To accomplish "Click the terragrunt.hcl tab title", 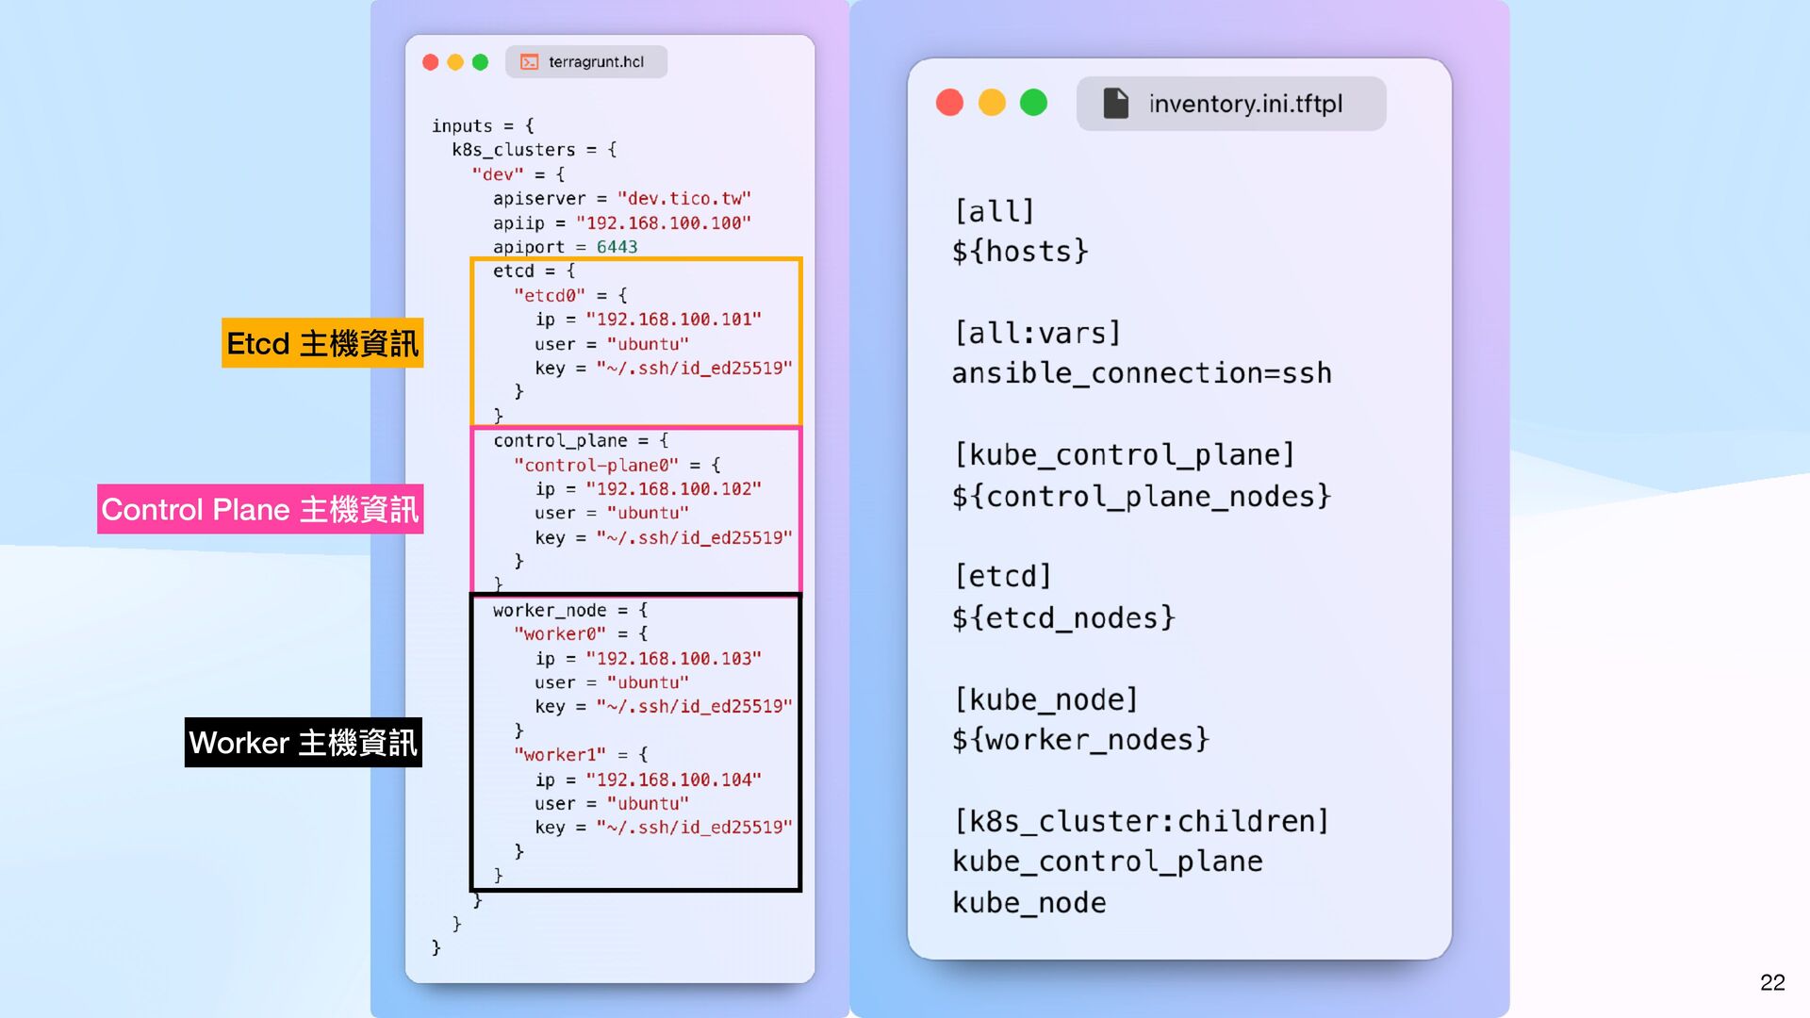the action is tap(596, 62).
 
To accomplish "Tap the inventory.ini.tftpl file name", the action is tap(1245, 104).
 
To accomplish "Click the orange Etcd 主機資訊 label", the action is tap(322, 343).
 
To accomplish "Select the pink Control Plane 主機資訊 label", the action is tap(260, 510).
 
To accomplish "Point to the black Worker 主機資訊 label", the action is tap(303, 743).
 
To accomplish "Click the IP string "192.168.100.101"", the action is tap(673, 320).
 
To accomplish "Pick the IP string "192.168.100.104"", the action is tap(673, 780).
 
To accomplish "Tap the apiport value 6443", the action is tap(617, 247).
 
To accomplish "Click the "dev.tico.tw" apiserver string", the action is tap(683, 199).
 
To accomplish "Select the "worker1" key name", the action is tap(559, 755).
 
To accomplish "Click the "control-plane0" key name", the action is tap(596, 466).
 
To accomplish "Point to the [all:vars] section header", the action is tap(1037, 334).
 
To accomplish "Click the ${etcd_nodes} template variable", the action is tap(1063, 618).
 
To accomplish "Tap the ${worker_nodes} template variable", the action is tap(1080, 740).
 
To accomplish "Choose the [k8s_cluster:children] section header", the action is tap(1141, 822).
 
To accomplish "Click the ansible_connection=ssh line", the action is tap(1142, 374).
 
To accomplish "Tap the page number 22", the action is tap(1771, 982).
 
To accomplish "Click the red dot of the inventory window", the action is tap(949, 103).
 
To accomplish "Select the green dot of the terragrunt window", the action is tap(480, 62).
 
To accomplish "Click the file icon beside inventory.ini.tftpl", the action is tap(1115, 104).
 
